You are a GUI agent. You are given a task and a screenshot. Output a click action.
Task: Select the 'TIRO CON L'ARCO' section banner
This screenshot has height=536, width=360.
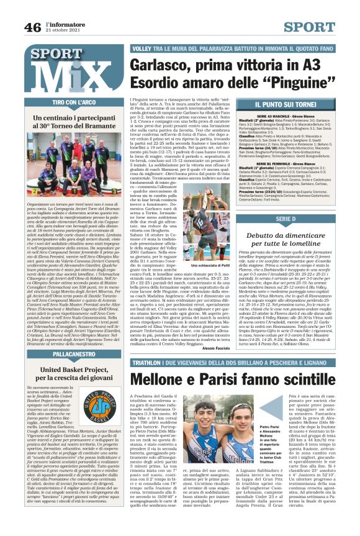click(74, 102)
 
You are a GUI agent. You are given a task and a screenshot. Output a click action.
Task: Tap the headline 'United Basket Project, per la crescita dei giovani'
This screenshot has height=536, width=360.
click(74, 373)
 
